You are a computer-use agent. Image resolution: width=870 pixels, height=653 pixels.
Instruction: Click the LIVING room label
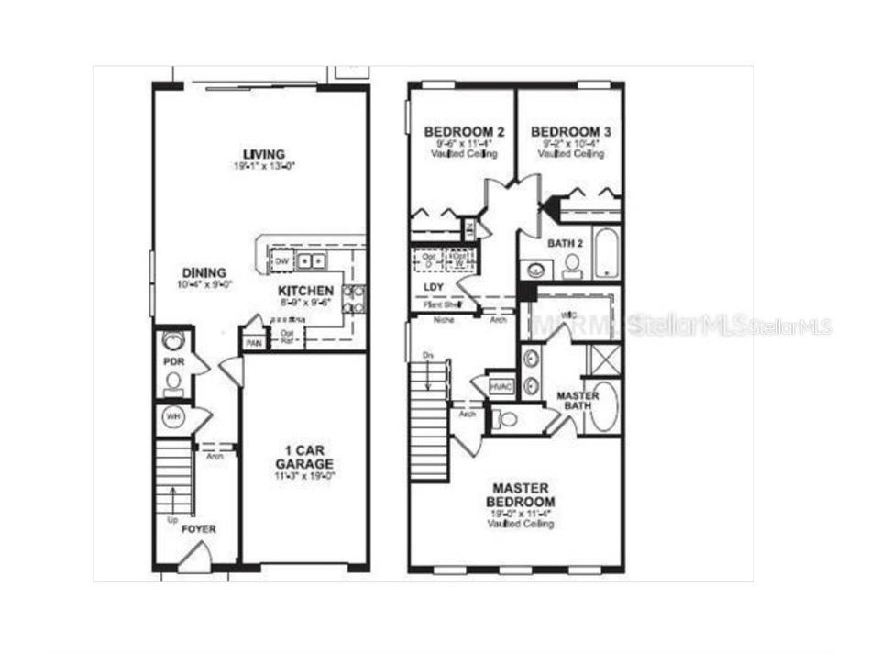point(263,153)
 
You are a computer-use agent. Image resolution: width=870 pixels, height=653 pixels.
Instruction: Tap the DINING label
point(204,272)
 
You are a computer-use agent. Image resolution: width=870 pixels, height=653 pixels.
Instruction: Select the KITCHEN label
point(306,292)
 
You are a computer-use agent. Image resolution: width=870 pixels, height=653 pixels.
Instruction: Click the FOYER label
point(199,530)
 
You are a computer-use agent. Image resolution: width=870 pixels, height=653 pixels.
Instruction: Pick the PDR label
point(174,361)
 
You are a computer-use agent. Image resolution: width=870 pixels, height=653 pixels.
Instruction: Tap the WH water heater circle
point(172,418)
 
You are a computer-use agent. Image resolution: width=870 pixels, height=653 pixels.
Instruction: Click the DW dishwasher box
point(282,262)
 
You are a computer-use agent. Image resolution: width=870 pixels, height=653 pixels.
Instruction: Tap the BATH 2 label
point(566,243)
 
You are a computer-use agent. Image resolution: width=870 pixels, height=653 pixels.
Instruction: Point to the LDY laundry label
point(434,287)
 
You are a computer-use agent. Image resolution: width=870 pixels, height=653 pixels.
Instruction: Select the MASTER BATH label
point(578,401)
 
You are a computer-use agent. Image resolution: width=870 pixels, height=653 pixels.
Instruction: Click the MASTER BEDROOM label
point(520,495)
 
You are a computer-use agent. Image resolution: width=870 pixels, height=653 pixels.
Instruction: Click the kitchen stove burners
point(353,299)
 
